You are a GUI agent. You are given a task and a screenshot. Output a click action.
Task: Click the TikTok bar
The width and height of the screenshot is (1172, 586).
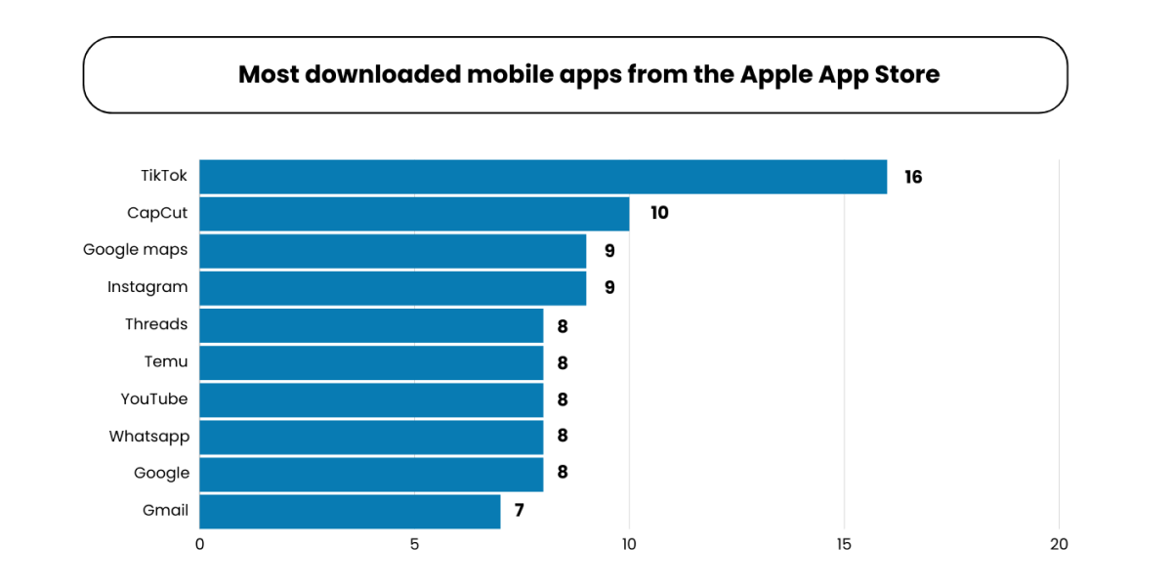(x=543, y=177)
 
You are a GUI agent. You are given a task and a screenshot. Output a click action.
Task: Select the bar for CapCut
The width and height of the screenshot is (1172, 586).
(x=414, y=213)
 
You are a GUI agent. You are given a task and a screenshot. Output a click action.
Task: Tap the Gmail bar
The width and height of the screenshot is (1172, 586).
(x=350, y=511)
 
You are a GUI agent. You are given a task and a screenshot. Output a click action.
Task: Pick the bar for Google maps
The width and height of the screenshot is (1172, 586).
(x=393, y=250)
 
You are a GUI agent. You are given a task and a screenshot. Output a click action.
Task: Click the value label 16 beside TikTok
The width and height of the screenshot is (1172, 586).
(x=913, y=177)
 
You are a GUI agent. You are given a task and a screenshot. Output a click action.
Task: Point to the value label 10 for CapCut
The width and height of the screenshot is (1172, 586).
(x=659, y=213)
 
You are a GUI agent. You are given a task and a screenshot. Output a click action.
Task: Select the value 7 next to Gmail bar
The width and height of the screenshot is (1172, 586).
(x=520, y=510)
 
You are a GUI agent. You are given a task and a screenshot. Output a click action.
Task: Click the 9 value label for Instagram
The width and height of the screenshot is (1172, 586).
(x=609, y=287)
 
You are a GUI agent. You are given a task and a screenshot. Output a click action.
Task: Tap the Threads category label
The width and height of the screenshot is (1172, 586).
(x=156, y=324)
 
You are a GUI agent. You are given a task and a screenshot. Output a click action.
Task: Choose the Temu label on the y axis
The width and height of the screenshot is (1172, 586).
(x=166, y=361)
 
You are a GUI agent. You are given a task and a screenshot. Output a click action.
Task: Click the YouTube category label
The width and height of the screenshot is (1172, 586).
(x=154, y=398)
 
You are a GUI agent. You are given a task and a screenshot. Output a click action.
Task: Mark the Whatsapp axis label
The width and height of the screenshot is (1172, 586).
(x=149, y=436)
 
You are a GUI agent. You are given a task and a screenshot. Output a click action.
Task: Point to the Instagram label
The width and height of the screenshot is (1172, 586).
(x=147, y=287)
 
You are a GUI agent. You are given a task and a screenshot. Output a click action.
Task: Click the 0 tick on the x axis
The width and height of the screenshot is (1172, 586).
(x=199, y=545)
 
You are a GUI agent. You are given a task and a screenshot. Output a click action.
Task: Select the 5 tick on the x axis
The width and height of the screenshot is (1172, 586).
(x=414, y=545)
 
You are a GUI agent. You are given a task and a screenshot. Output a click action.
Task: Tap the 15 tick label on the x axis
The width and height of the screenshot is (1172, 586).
(x=844, y=545)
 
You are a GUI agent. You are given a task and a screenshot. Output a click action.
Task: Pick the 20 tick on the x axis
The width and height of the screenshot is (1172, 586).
(x=1059, y=545)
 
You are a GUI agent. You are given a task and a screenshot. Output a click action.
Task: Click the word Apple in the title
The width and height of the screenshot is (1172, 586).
(x=773, y=74)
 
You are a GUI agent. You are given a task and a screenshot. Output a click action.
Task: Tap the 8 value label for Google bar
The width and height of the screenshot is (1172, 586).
(x=563, y=473)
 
